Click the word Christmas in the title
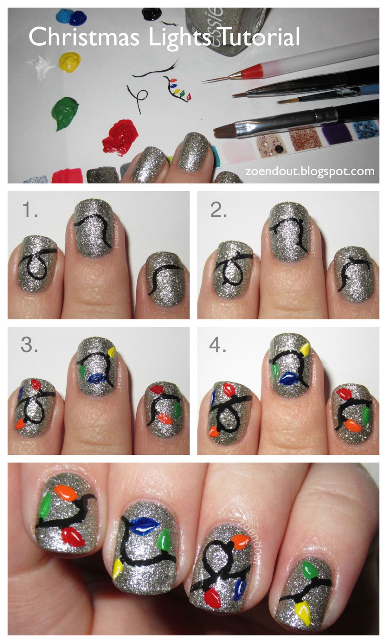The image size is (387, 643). [x=84, y=37]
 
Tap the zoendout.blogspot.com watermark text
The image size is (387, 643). [x=310, y=172]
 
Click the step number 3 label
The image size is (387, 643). [x=29, y=345]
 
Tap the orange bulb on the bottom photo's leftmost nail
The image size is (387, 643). [x=66, y=492]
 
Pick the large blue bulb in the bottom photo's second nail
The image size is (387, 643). [x=145, y=525]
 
